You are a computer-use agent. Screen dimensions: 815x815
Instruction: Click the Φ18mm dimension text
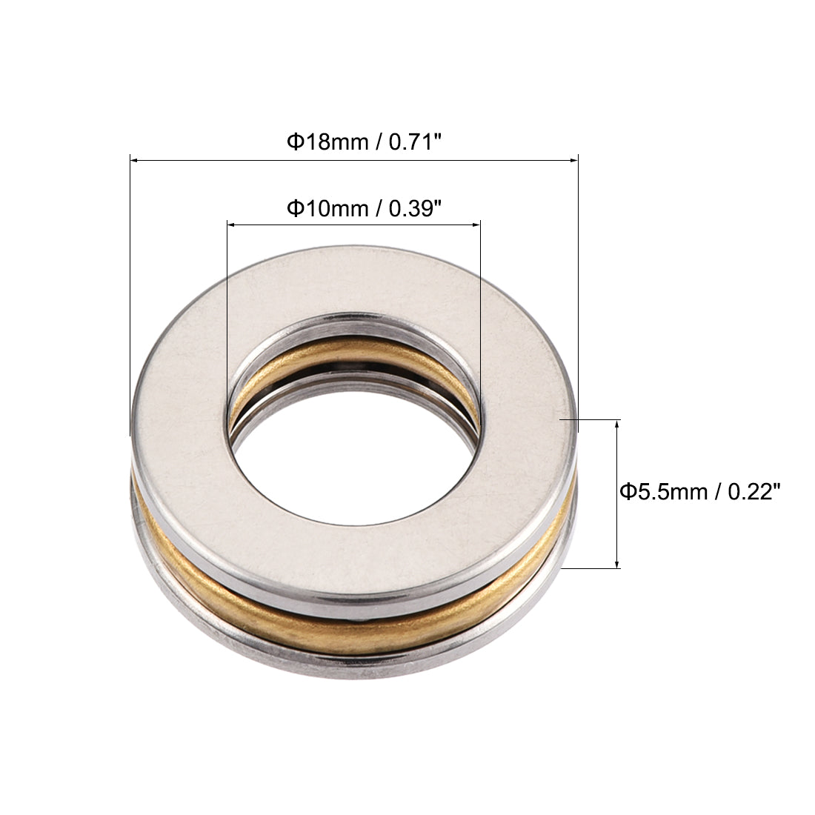pyautogui.click(x=327, y=141)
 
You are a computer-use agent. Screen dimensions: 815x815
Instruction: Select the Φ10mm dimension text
pyautogui.click(x=327, y=209)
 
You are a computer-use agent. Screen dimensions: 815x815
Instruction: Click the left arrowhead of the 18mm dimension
pyautogui.click(x=134, y=159)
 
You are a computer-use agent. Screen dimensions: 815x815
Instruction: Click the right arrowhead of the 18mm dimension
pyautogui.click(x=573, y=159)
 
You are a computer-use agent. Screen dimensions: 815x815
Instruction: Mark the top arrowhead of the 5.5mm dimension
pyautogui.click(x=617, y=423)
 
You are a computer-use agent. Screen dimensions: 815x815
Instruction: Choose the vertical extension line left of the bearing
pyautogui.click(x=130, y=296)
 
